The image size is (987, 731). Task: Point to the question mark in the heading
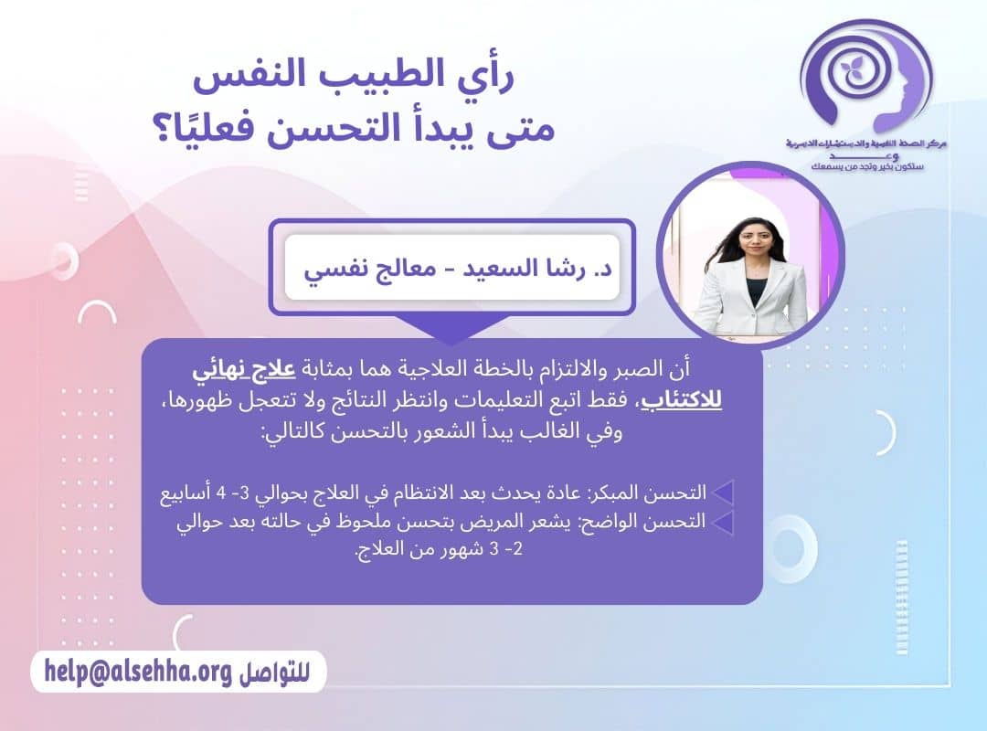coord(183,129)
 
